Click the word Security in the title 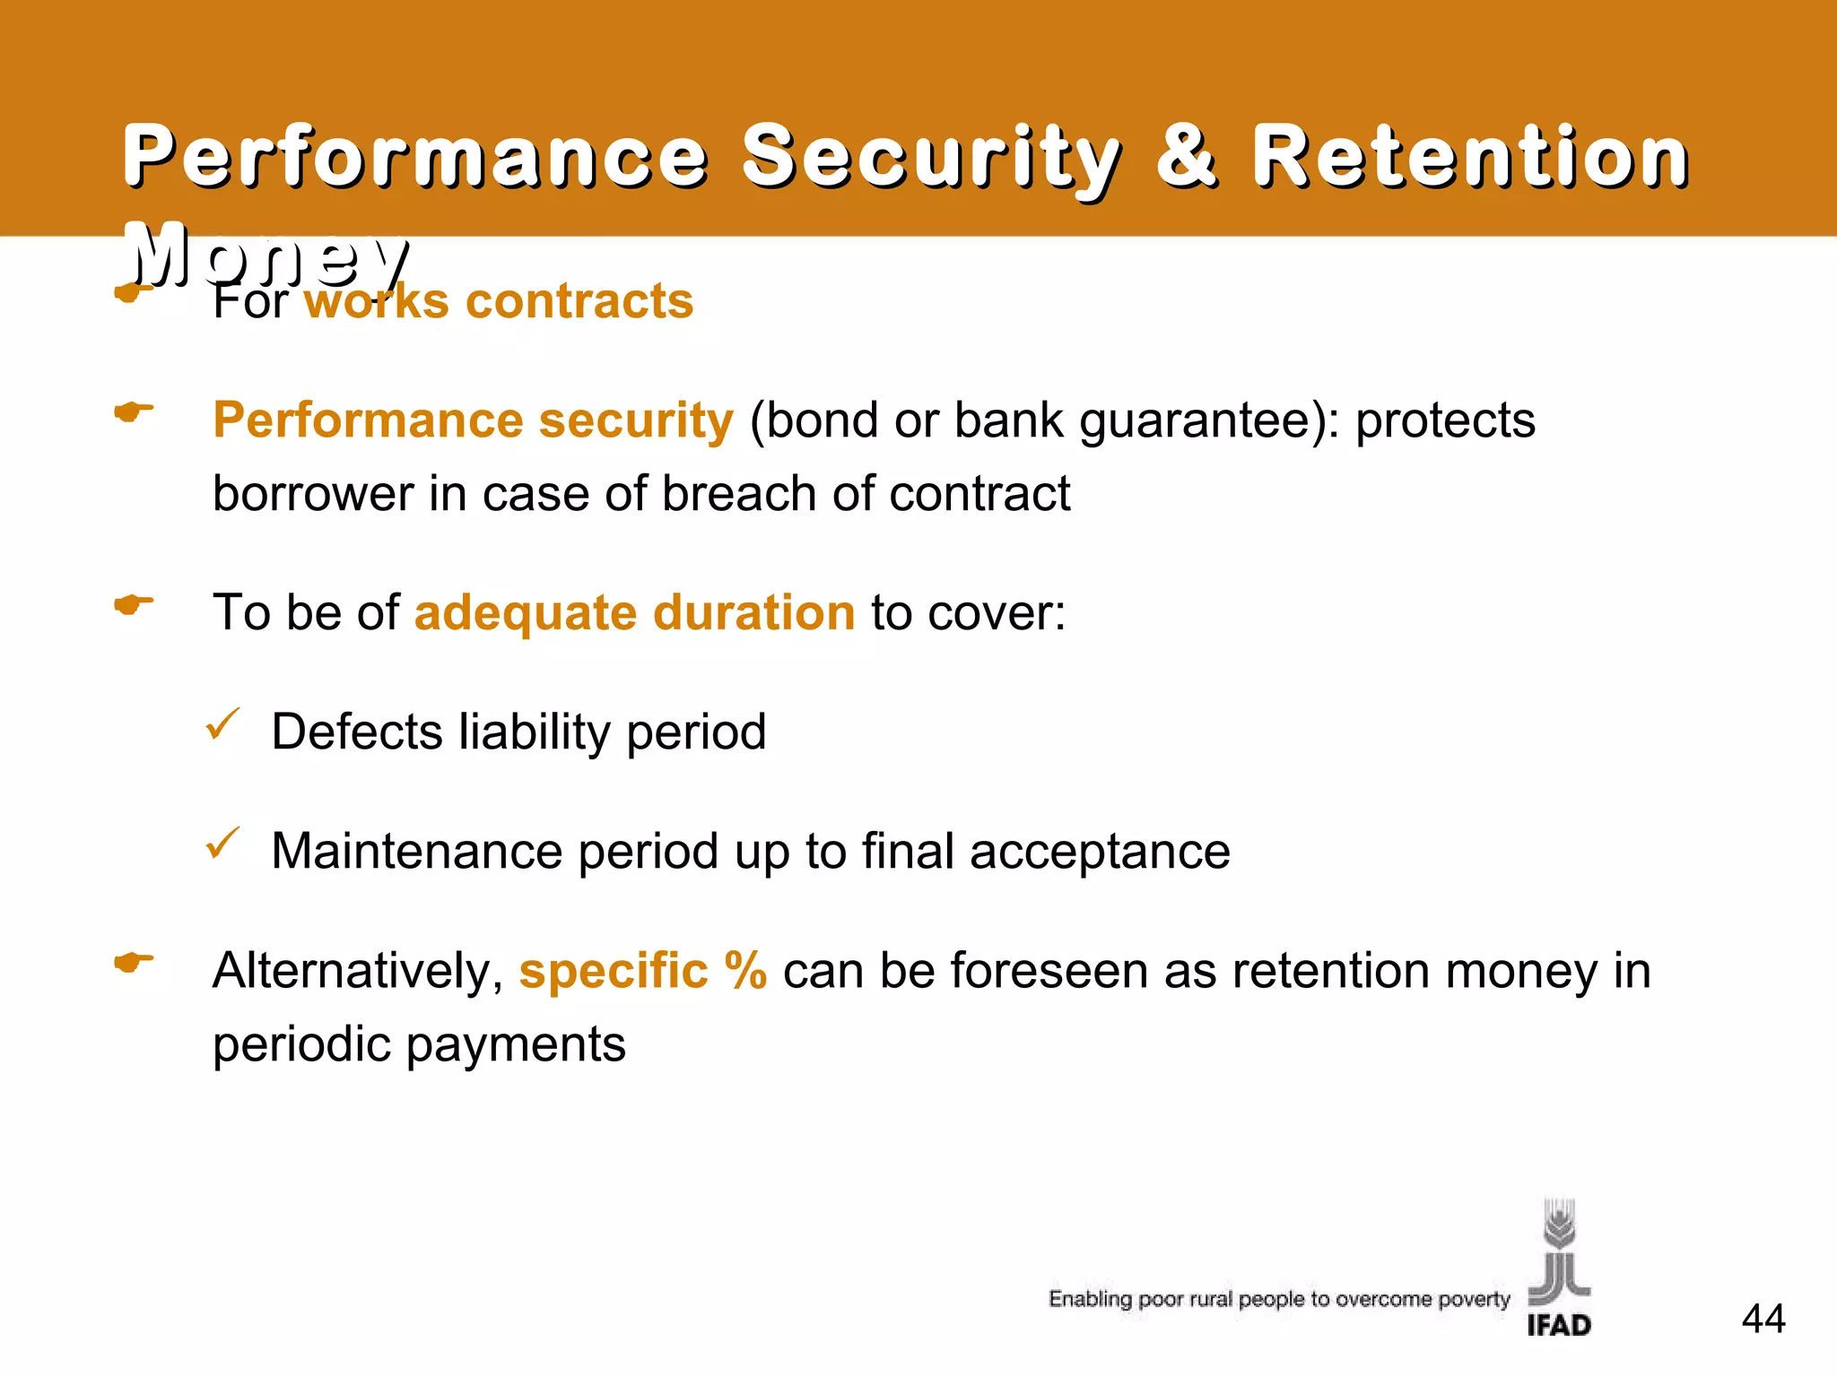(931, 158)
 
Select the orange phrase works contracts (499, 301)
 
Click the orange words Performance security (473, 420)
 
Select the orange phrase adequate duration (634, 613)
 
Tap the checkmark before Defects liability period (222, 724)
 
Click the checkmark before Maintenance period (222, 844)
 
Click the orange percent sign (745, 971)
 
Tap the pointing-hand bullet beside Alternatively (134, 964)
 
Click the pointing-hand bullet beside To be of (134, 605)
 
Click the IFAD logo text (1559, 1325)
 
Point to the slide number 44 (1763, 1319)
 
